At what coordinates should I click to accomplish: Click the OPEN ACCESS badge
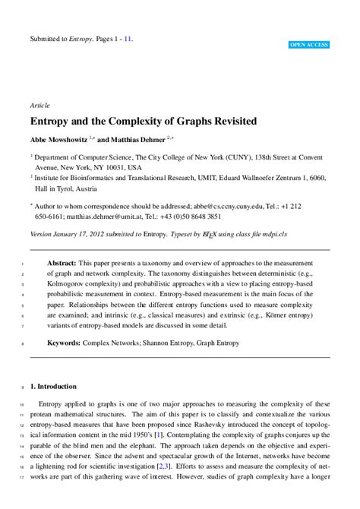(x=308, y=46)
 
